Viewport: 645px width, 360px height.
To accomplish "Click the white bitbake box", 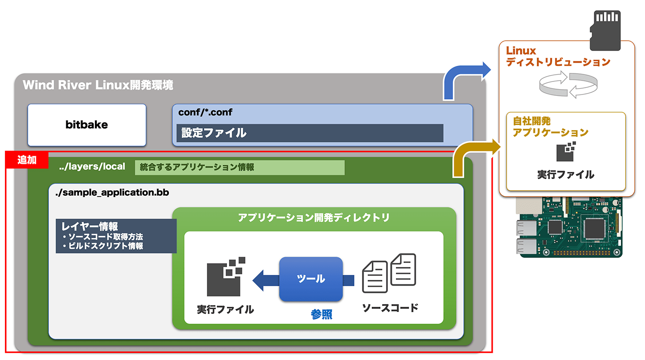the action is (x=87, y=125).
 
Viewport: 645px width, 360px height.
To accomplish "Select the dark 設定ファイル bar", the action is (x=310, y=133).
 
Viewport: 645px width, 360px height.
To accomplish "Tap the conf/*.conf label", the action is (x=205, y=112).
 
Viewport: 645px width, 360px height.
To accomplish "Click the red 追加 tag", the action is (x=27, y=160).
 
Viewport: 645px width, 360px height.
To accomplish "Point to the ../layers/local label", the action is (x=92, y=167).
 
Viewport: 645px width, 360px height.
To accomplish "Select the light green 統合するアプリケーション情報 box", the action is (x=240, y=167).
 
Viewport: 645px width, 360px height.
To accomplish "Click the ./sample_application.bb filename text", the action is (x=112, y=193).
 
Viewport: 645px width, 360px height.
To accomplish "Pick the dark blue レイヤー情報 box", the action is (x=116, y=236).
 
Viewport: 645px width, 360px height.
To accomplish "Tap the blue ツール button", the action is (x=311, y=279).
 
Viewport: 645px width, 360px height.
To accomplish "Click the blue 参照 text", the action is (x=321, y=314).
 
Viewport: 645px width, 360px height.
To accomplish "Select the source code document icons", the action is (x=389, y=273).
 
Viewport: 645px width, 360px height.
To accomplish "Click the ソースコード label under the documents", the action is (x=390, y=308).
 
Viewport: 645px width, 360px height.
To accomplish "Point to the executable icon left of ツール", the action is (x=226, y=277).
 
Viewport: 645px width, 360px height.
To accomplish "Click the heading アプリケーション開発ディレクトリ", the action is (x=314, y=218).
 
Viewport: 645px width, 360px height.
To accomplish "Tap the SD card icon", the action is (x=605, y=30).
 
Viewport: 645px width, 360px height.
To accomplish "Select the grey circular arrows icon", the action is (x=568, y=85).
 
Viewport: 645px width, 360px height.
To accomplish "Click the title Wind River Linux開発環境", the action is (x=98, y=85).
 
